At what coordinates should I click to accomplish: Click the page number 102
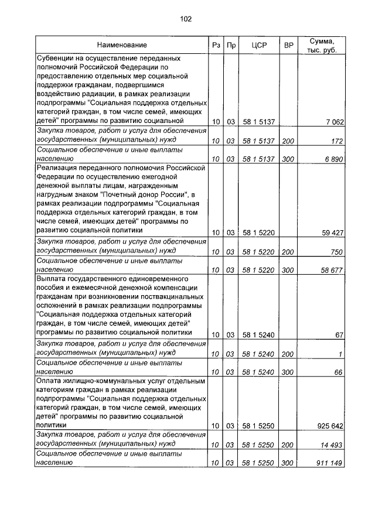tap(186, 19)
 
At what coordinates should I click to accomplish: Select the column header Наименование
tap(122, 45)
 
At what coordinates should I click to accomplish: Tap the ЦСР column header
tap(258, 45)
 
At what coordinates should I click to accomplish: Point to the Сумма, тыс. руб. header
tap(324, 45)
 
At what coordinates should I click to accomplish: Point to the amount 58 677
tap(332, 270)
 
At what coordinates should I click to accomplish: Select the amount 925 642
tap(330, 426)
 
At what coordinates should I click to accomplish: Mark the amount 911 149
tap(330, 463)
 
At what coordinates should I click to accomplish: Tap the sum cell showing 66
tap(339, 371)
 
